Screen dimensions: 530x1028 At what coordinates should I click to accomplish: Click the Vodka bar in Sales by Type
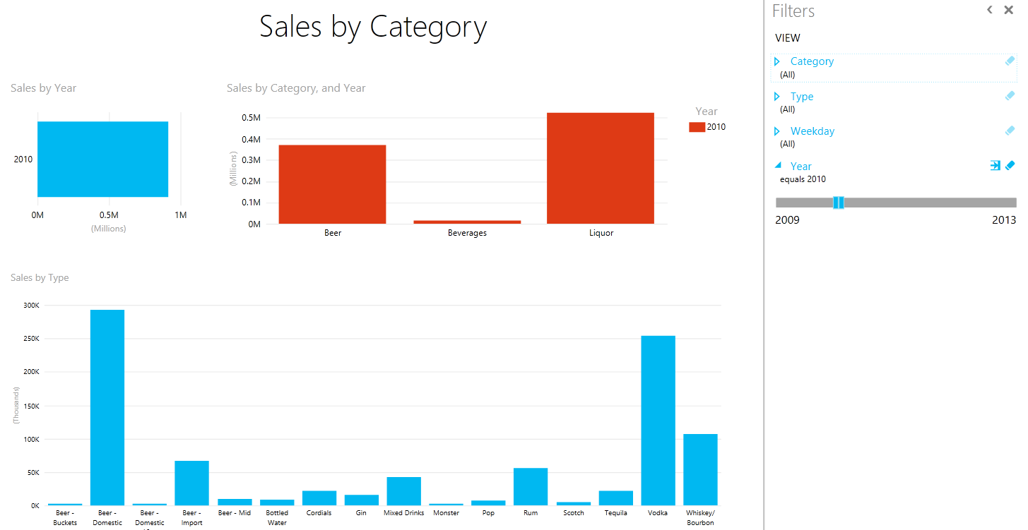(658, 420)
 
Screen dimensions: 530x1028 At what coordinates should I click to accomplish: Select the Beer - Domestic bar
(107, 407)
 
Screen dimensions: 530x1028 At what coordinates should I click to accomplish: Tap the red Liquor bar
(601, 168)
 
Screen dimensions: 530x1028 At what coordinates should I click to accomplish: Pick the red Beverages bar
(467, 222)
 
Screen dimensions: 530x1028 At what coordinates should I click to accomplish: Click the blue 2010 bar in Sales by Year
(102, 159)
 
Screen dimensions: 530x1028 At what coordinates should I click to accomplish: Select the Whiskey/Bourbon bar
(700, 469)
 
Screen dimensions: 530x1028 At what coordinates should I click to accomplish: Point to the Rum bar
(531, 486)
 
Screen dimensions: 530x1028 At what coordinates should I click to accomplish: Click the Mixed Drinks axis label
(403, 513)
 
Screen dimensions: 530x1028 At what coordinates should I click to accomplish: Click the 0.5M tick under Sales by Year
(108, 215)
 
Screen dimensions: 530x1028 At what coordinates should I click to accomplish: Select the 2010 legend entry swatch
(697, 127)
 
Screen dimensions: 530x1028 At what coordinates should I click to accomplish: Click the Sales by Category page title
(373, 27)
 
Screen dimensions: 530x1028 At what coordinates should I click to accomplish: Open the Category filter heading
(812, 61)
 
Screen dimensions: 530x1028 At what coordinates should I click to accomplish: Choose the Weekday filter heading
(812, 131)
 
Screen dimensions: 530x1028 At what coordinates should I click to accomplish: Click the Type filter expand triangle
(777, 97)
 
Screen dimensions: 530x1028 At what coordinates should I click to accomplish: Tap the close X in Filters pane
(1008, 10)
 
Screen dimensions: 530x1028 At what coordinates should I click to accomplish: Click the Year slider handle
(839, 203)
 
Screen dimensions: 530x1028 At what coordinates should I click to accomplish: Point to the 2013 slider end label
(1003, 220)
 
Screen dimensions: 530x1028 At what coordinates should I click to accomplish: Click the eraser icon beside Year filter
(1010, 166)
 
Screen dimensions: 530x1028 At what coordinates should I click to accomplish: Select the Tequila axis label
(615, 513)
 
